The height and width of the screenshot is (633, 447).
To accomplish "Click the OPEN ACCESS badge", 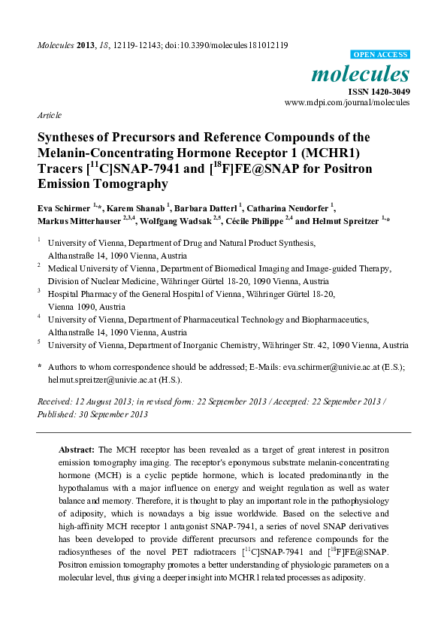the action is [x=381, y=55].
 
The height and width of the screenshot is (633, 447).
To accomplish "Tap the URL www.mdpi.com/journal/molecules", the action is [x=347, y=101].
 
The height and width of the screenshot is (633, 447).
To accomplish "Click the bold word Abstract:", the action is [x=76, y=449].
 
